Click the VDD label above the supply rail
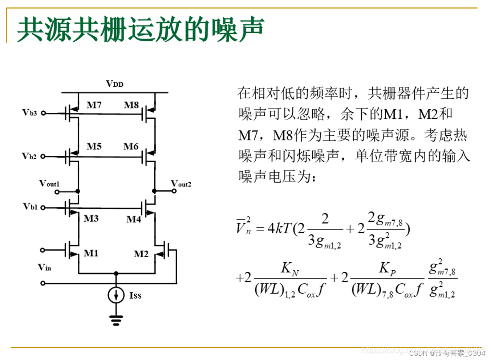(x=114, y=84)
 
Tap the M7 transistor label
(x=94, y=105)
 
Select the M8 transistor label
(x=131, y=105)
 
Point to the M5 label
(x=94, y=147)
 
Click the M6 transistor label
(x=131, y=147)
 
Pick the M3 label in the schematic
(x=91, y=218)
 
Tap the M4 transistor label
(x=134, y=219)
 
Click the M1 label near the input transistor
(x=91, y=253)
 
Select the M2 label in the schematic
(x=141, y=254)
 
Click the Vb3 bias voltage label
(x=29, y=112)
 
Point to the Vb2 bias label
(x=29, y=156)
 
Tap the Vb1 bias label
(x=30, y=207)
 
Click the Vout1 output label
(x=49, y=184)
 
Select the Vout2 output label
(x=181, y=184)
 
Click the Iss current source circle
(x=116, y=295)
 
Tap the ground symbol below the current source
(x=116, y=320)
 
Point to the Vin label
(x=44, y=268)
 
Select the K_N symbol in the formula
(x=290, y=269)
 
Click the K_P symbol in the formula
(x=387, y=269)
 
